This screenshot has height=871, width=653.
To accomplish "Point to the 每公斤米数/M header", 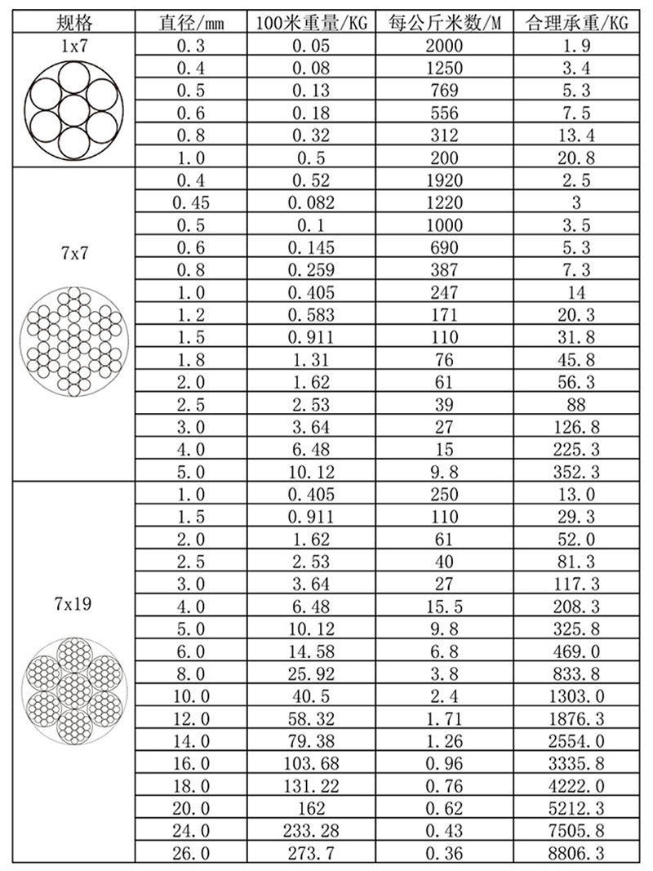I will pyautogui.click(x=444, y=22).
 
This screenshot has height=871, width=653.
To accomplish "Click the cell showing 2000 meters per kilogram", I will pyautogui.click(x=443, y=46).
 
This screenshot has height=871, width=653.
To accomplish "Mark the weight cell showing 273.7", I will pyautogui.click(x=309, y=854).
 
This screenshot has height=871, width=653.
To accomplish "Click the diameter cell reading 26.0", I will pyautogui.click(x=193, y=854).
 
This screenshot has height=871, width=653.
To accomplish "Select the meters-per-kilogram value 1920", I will pyautogui.click(x=443, y=180).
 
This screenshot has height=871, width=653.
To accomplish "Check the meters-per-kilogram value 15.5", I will pyautogui.click(x=443, y=607).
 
